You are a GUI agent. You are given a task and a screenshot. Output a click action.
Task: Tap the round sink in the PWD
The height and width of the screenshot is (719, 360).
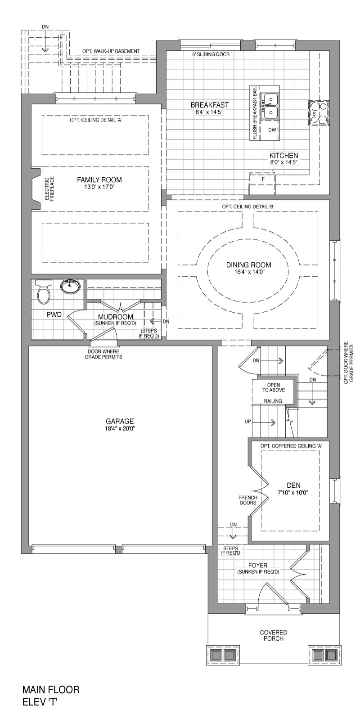click(70, 286)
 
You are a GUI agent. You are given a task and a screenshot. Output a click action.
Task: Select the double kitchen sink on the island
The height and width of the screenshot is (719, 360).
click(269, 106)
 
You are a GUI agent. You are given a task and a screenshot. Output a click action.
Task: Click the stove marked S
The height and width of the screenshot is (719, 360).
click(318, 113)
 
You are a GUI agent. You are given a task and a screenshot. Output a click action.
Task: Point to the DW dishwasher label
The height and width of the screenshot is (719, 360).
click(272, 130)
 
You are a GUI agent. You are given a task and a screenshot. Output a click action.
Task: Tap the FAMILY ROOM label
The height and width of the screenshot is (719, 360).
click(99, 180)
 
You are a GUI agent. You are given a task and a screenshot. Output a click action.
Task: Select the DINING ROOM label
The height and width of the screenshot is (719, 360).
click(248, 265)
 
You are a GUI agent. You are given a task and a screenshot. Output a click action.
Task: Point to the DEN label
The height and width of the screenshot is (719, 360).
click(293, 485)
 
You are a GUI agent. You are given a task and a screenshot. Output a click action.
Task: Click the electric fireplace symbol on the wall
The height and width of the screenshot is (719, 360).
click(37, 189)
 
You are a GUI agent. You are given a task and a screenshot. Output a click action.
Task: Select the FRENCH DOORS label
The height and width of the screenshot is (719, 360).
click(248, 500)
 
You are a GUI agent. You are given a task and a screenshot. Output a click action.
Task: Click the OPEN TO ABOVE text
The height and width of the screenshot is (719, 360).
click(274, 387)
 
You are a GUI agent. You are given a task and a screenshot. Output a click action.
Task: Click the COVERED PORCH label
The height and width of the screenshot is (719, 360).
click(274, 636)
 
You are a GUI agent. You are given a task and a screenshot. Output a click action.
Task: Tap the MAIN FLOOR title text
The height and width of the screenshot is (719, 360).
click(51, 689)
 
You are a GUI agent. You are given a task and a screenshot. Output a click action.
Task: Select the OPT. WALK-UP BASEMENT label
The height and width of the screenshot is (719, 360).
click(111, 51)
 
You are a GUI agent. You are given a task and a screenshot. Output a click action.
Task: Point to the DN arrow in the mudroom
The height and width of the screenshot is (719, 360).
click(155, 321)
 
